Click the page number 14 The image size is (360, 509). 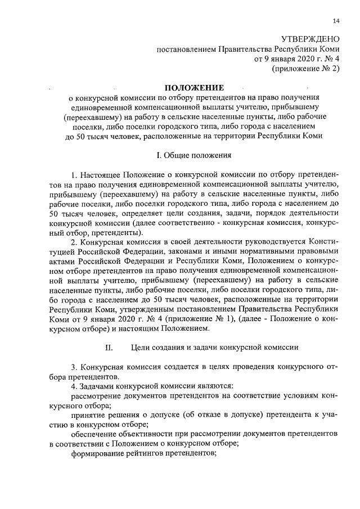coord(336,21)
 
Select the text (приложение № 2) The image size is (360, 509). coord(306,69)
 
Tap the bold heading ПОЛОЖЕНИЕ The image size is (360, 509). coord(193,88)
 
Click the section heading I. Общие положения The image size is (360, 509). coord(193,154)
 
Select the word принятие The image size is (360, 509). coord(87,415)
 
